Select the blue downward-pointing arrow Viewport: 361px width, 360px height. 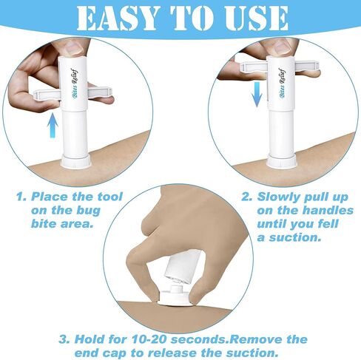(x=257, y=95)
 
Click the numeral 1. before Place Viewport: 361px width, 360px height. (x=21, y=197)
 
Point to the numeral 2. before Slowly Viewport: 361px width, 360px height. (x=247, y=197)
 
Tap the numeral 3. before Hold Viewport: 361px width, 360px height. (x=64, y=339)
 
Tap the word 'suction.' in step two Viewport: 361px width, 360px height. (x=295, y=237)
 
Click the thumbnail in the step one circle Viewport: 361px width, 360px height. (x=73, y=47)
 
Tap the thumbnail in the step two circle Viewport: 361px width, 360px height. (x=282, y=47)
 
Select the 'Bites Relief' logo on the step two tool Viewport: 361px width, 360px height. (x=283, y=83)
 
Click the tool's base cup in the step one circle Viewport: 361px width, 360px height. (x=76, y=160)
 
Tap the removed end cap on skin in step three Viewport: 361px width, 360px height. (x=175, y=296)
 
